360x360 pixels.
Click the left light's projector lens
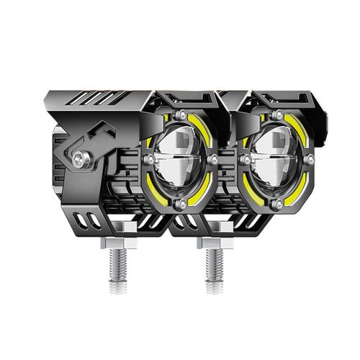[179, 159]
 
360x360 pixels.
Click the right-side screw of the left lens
[212, 159]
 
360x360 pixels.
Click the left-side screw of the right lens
[245, 160]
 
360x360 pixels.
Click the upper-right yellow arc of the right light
[302, 130]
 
